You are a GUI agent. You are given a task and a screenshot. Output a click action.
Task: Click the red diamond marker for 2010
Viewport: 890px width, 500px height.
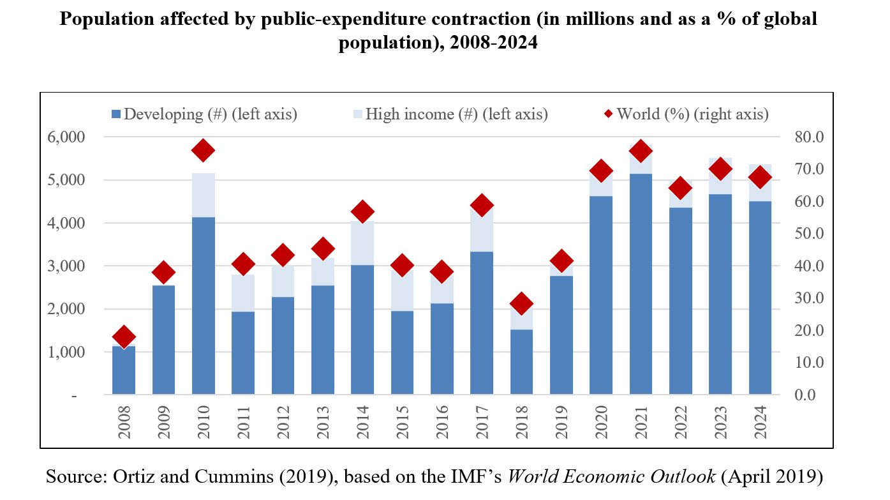tap(204, 151)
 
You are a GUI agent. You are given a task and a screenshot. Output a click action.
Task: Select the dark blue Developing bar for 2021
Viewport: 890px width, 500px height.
tap(641, 284)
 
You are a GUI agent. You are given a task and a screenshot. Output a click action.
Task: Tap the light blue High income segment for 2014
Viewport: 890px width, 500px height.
tap(362, 244)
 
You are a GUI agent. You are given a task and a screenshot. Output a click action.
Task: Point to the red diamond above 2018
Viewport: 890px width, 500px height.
tap(521, 304)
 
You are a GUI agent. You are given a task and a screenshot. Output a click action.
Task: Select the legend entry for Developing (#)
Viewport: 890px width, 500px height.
tap(204, 114)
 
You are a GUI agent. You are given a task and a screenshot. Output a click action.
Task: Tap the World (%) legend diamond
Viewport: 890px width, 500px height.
tap(609, 114)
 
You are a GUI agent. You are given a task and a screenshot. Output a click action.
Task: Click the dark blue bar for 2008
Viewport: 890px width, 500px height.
tap(124, 370)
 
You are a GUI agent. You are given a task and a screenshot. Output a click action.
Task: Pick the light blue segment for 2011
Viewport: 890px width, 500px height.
tap(243, 293)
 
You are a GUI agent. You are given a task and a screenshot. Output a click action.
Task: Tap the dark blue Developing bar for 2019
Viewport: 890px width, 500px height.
tap(561, 335)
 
